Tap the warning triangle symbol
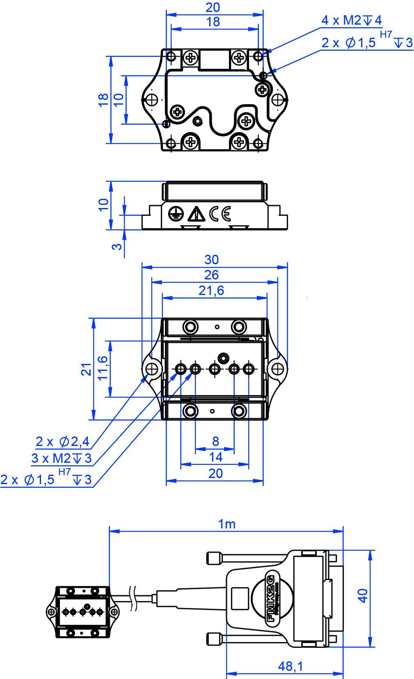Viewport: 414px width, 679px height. [x=196, y=214]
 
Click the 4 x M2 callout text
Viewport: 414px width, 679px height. [x=351, y=20]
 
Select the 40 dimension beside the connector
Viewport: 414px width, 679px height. [x=363, y=596]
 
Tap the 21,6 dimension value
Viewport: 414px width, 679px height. [x=211, y=290]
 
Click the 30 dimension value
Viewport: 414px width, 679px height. [x=211, y=260]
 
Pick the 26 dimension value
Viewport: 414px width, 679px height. [x=211, y=275]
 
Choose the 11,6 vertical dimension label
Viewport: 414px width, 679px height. [x=102, y=368]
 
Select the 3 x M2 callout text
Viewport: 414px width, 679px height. [x=61, y=458]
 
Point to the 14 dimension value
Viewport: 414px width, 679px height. [x=215, y=457]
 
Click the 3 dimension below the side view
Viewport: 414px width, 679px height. [x=117, y=246]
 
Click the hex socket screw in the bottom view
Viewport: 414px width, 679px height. [x=223, y=358]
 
